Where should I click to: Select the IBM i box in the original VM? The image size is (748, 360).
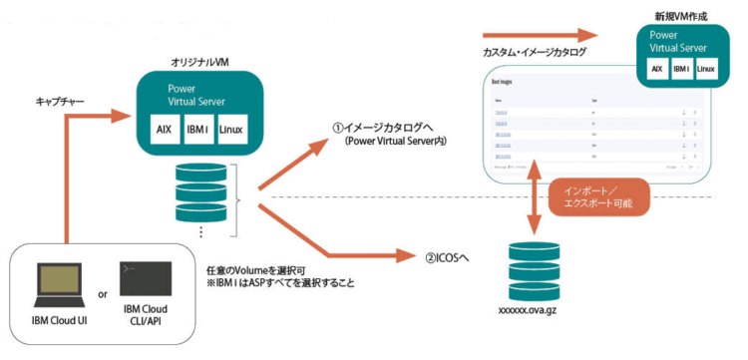[198, 130]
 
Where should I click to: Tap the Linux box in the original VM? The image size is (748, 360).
[231, 130]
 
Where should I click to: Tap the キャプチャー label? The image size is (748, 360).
[60, 103]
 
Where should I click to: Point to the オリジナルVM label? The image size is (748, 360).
[198, 62]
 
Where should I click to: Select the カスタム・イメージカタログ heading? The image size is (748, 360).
[534, 51]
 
